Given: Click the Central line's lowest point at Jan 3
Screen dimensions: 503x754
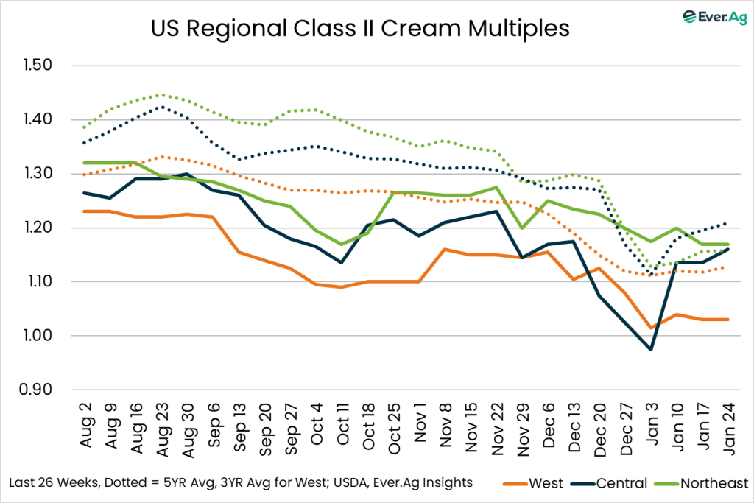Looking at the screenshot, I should (x=651, y=349).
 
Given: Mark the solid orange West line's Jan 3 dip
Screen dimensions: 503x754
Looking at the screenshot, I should (x=651, y=328).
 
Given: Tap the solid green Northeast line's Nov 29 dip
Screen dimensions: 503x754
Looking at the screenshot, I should (x=523, y=228).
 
